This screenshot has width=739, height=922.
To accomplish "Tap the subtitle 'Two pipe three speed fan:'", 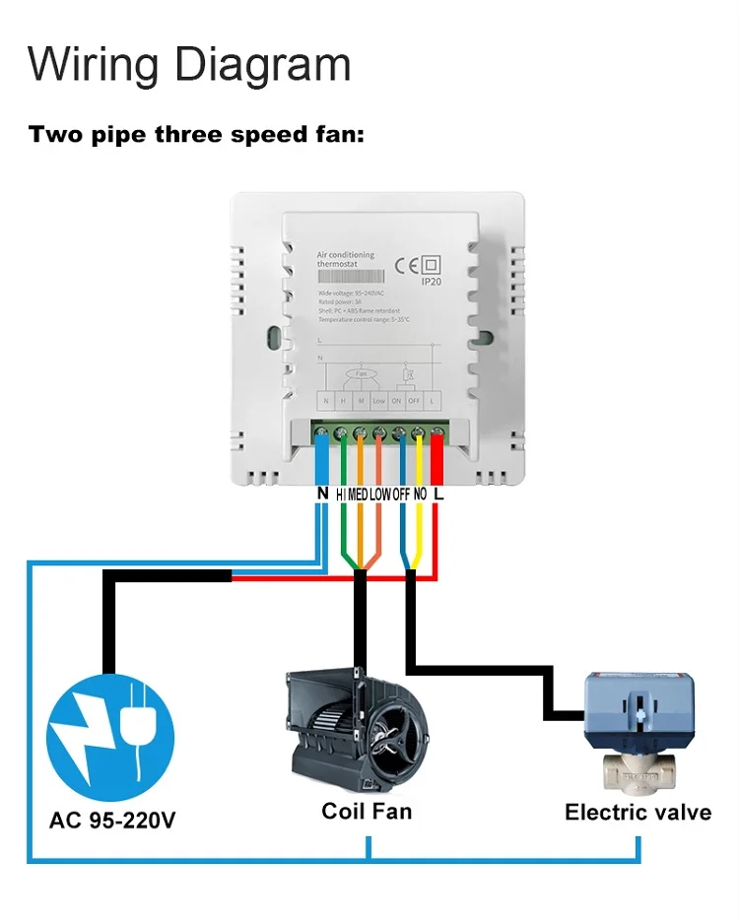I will point(196,135).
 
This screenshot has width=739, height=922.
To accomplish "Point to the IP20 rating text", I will point(432,282).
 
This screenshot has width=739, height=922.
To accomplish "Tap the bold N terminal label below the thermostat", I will point(322,494).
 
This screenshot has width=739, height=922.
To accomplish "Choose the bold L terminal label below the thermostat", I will point(438,494).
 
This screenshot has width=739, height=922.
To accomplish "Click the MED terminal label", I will point(359,494).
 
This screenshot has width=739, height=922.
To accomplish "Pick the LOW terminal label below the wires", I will point(380,494).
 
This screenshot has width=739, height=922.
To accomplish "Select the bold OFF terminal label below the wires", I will point(402,494).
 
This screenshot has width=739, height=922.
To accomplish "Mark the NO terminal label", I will point(421,494).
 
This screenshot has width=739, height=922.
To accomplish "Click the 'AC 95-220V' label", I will point(111,820).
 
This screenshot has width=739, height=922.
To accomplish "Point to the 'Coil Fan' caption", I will point(367,812).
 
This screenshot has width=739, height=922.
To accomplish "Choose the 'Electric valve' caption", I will point(638,813).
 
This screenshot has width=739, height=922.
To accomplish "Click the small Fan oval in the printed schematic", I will point(361,374).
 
